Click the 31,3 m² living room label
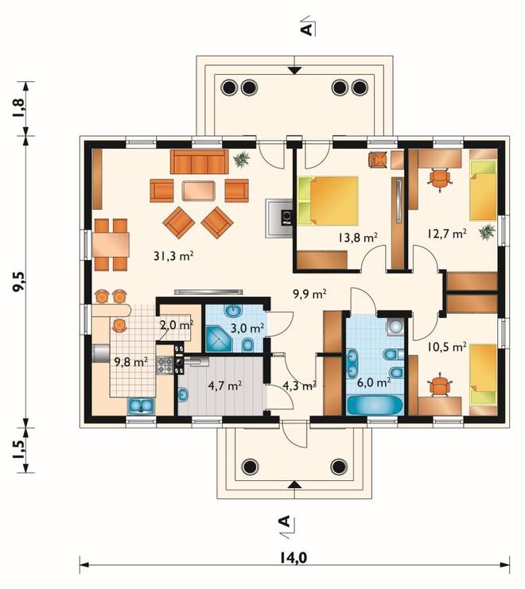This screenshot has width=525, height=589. (173, 256)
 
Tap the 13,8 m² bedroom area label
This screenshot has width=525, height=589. (357, 238)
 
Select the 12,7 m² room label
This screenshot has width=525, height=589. (446, 233)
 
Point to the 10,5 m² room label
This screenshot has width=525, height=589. (446, 347)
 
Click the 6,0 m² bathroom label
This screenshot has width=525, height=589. (372, 382)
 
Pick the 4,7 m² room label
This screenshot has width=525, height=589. (224, 386)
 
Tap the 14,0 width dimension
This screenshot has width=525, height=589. (294, 557)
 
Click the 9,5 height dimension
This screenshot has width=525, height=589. (19, 281)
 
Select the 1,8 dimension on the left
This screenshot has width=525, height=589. (19, 108)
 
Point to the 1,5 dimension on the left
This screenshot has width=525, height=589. (19, 449)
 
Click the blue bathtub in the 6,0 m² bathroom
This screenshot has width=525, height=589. (375, 405)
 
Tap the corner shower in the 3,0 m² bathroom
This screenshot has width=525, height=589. (219, 339)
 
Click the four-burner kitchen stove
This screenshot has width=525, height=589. (165, 366)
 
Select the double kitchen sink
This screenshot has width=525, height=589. (141, 406)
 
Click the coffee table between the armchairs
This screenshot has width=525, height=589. (198, 191)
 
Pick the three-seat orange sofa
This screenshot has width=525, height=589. (199, 161)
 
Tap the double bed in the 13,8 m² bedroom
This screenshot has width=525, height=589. (328, 201)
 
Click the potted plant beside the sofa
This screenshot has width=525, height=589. (242, 159)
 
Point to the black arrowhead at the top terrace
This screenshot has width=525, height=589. (295, 70)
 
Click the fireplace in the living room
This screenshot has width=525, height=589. (279, 219)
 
